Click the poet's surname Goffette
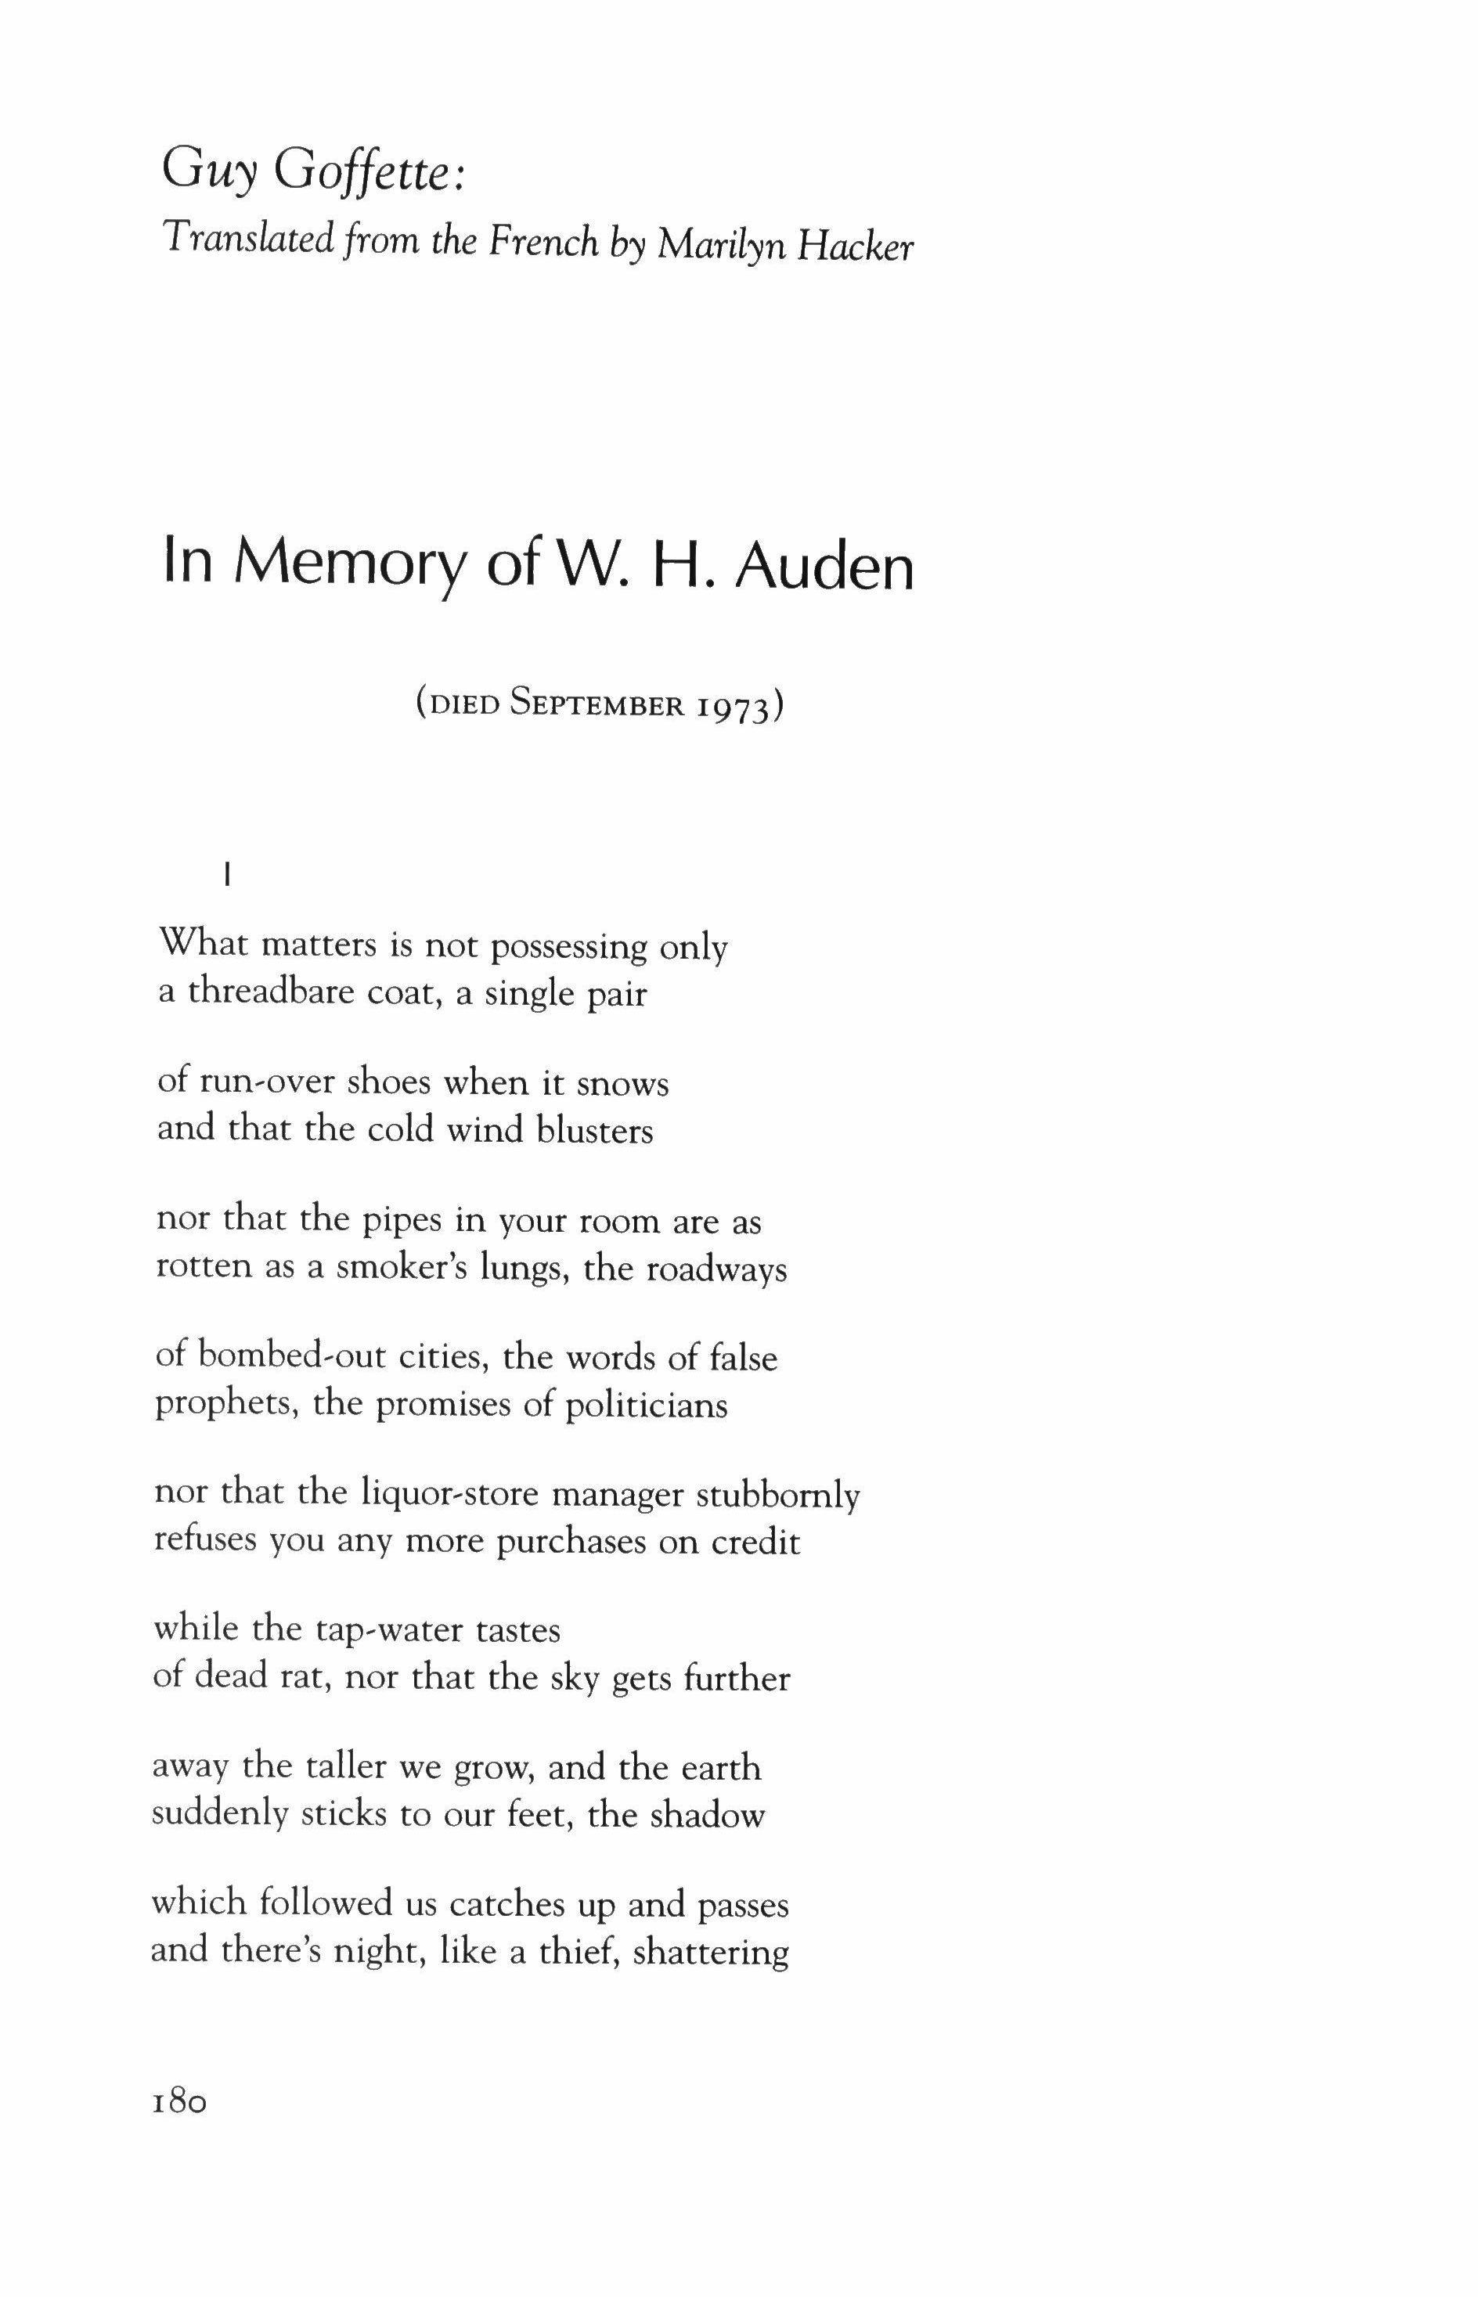369,174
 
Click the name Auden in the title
824,568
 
